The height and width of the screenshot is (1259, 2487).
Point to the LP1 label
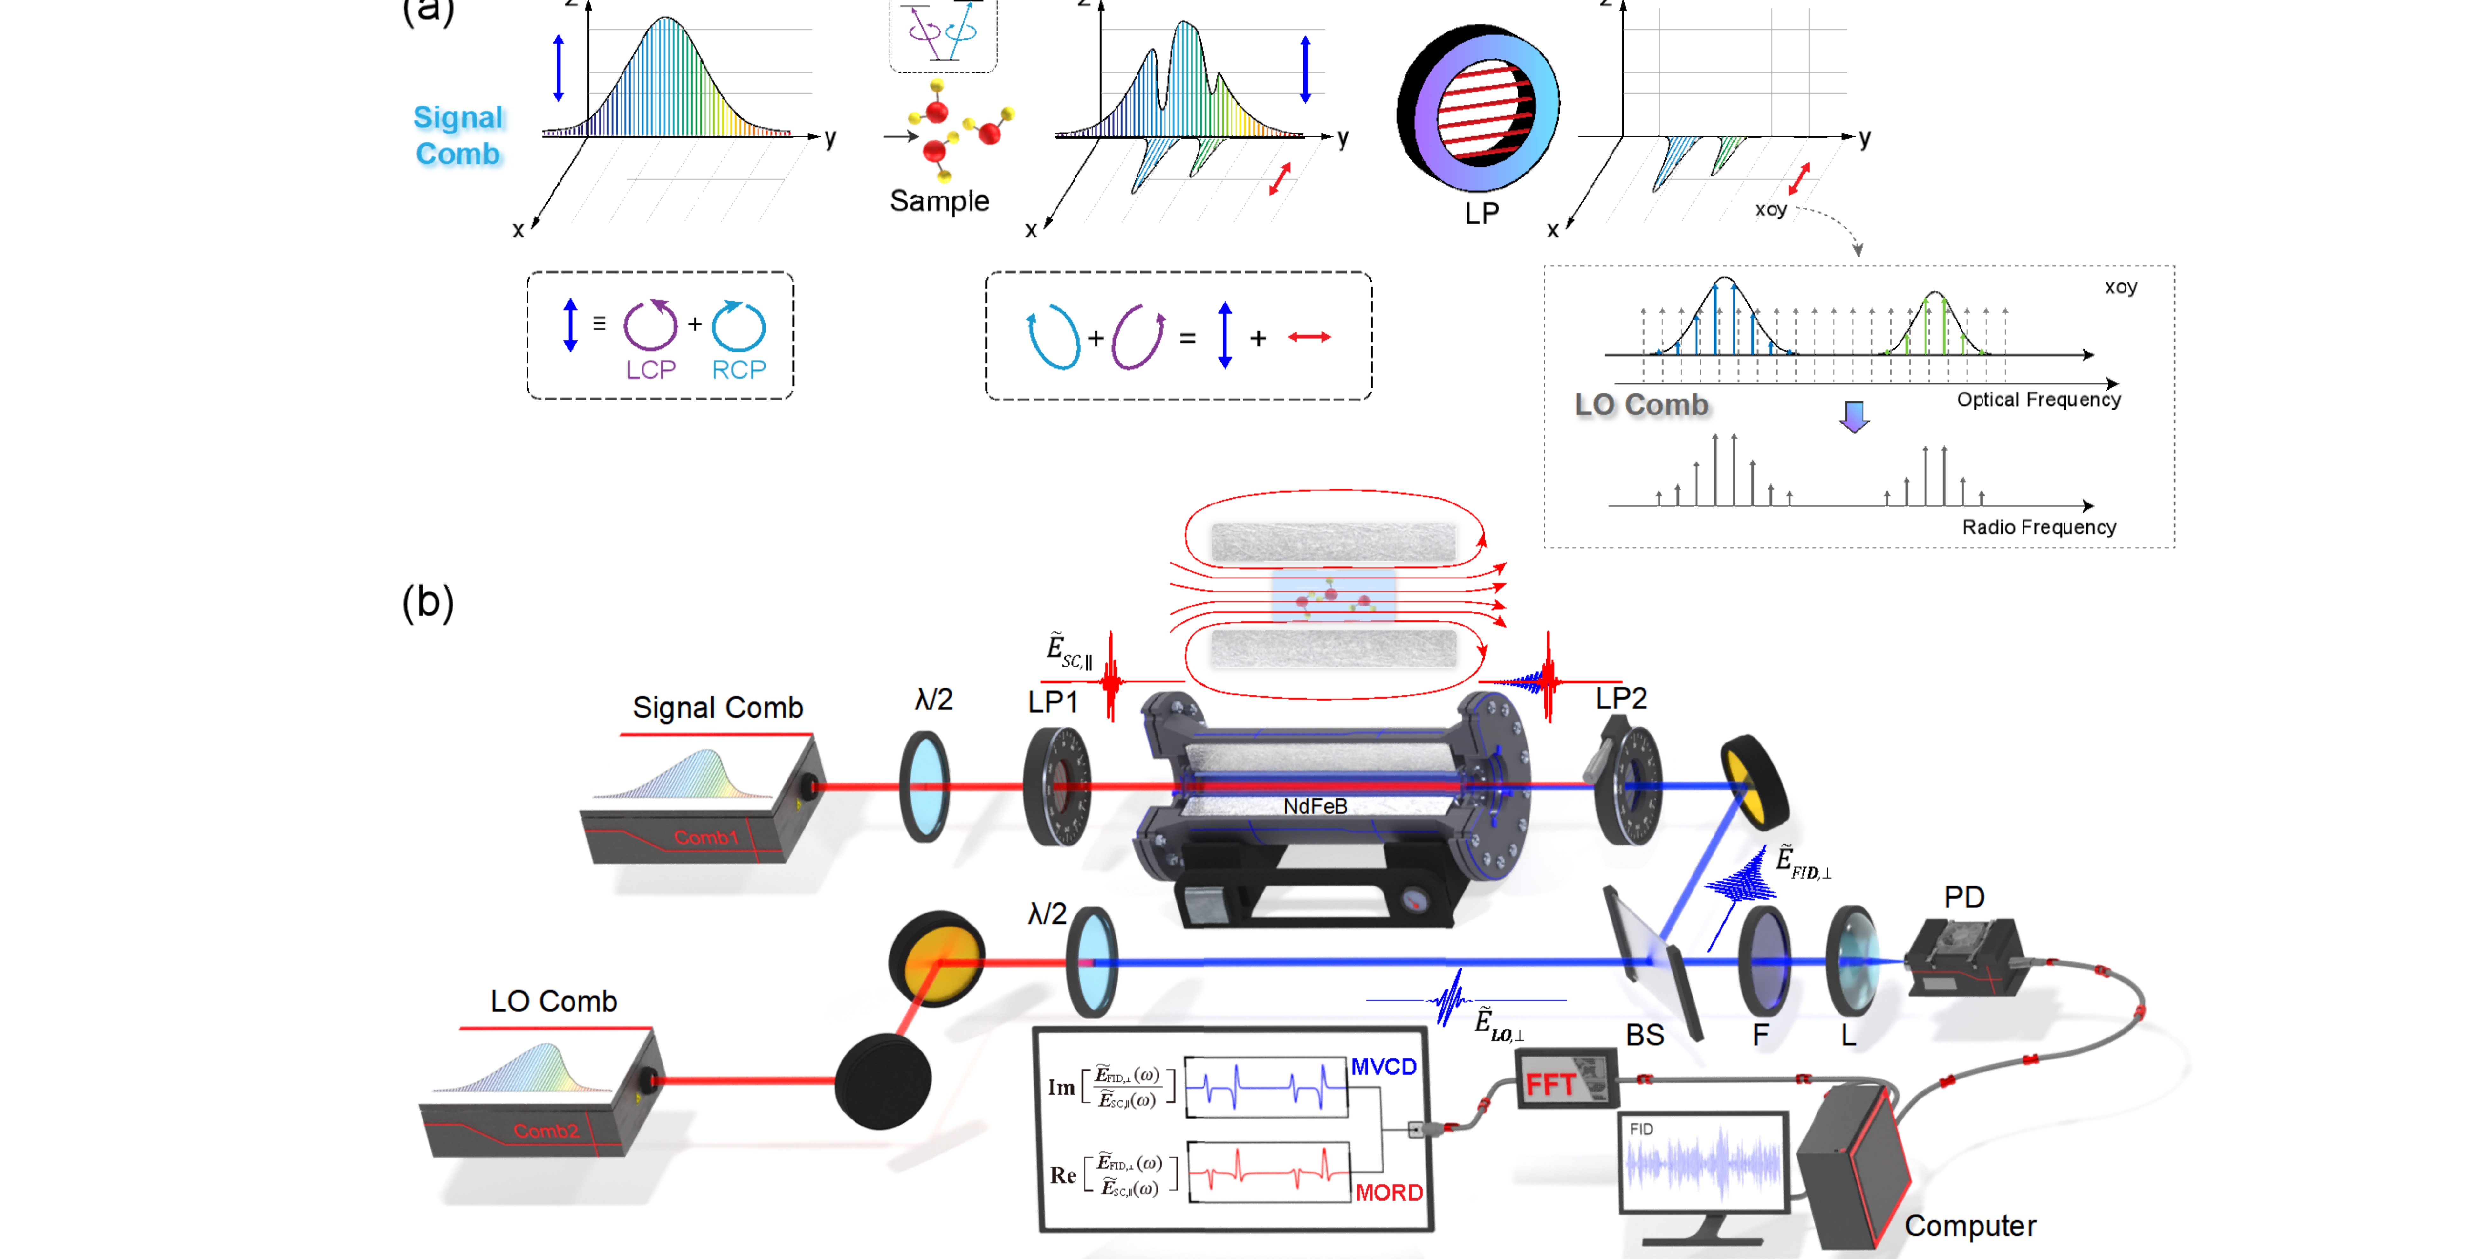[x=1052, y=702]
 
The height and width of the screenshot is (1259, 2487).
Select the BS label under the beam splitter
[x=1644, y=1035]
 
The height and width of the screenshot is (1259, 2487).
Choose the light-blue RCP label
[x=739, y=370]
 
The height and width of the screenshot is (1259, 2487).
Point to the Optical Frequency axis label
[x=2038, y=400]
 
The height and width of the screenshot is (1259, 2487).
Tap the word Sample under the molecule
[x=938, y=201]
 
